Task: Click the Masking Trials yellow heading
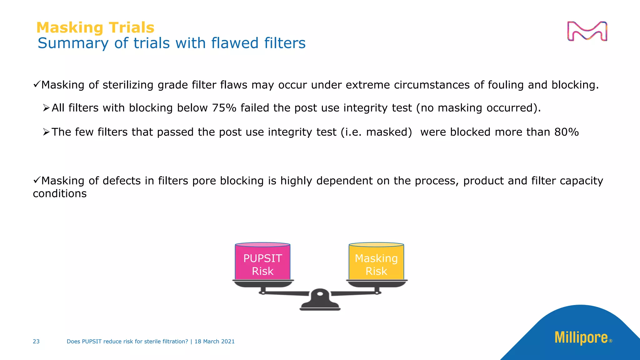pyautogui.click(x=95, y=27)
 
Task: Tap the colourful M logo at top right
pyautogui.click(x=587, y=31)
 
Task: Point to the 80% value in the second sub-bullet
pyautogui.click(x=567, y=132)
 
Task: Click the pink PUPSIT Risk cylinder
pyautogui.click(x=262, y=262)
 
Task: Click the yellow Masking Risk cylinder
pyautogui.click(x=376, y=262)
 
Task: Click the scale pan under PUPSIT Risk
pyautogui.click(x=263, y=284)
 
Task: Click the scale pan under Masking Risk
pyautogui.click(x=377, y=284)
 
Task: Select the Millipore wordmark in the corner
pyautogui.click(x=581, y=338)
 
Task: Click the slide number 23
pyautogui.click(x=36, y=342)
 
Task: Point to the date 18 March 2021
pyautogui.click(x=214, y=342)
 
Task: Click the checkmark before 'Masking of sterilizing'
pyautogui.click(x=37, y=84)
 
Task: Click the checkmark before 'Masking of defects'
pyautogui.click(x=37, y=180)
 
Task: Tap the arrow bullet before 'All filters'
pyautogui.click(x=46, y=108)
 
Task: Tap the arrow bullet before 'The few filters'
pyautogui.click(x=46, y=132)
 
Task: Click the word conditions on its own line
pyautogui.click(x=60, y=194)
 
